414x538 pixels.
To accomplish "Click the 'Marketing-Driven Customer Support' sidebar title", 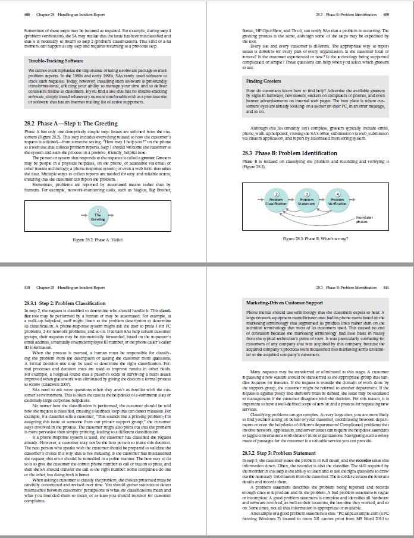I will coord(283,303).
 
